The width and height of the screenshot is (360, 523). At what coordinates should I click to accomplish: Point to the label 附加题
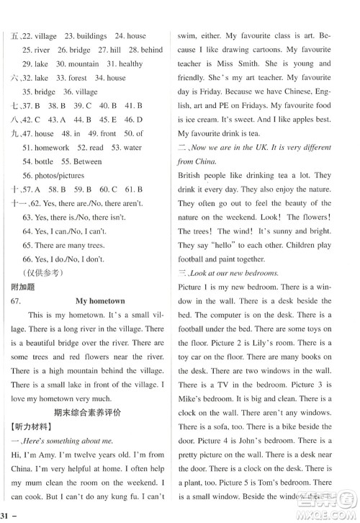coord(17,285)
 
